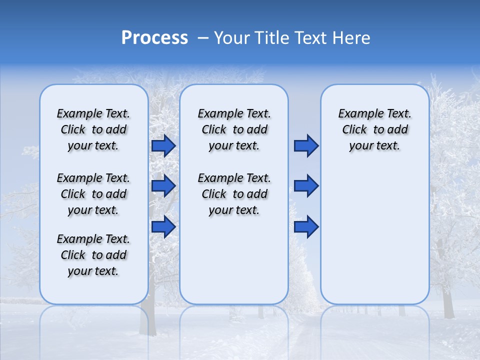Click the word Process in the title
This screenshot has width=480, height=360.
(x=154, y=38)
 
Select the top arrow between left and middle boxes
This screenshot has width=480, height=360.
(x=163, y=146)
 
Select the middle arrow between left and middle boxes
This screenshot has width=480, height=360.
(x=163, y=186)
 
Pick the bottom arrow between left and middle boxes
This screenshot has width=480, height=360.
(x=163, y=226)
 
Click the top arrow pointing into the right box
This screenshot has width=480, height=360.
(x=306, y=146)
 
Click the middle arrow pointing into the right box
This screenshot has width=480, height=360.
(x=306, y=186)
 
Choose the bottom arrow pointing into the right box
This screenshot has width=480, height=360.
(x=306, y=226)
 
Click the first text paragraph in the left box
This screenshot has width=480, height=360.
(x=93, y=129)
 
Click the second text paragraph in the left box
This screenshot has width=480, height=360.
(x=93, y=194)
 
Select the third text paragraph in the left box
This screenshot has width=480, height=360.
(x=93, y=255)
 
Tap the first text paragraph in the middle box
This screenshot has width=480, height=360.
(x=234, y=129)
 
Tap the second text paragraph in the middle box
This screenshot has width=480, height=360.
(x=234, y=194)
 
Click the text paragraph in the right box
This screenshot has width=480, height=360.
(x=374, y=129)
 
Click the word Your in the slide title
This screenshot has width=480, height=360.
(x=232, y=38)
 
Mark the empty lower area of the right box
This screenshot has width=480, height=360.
(x=374, y=235)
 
